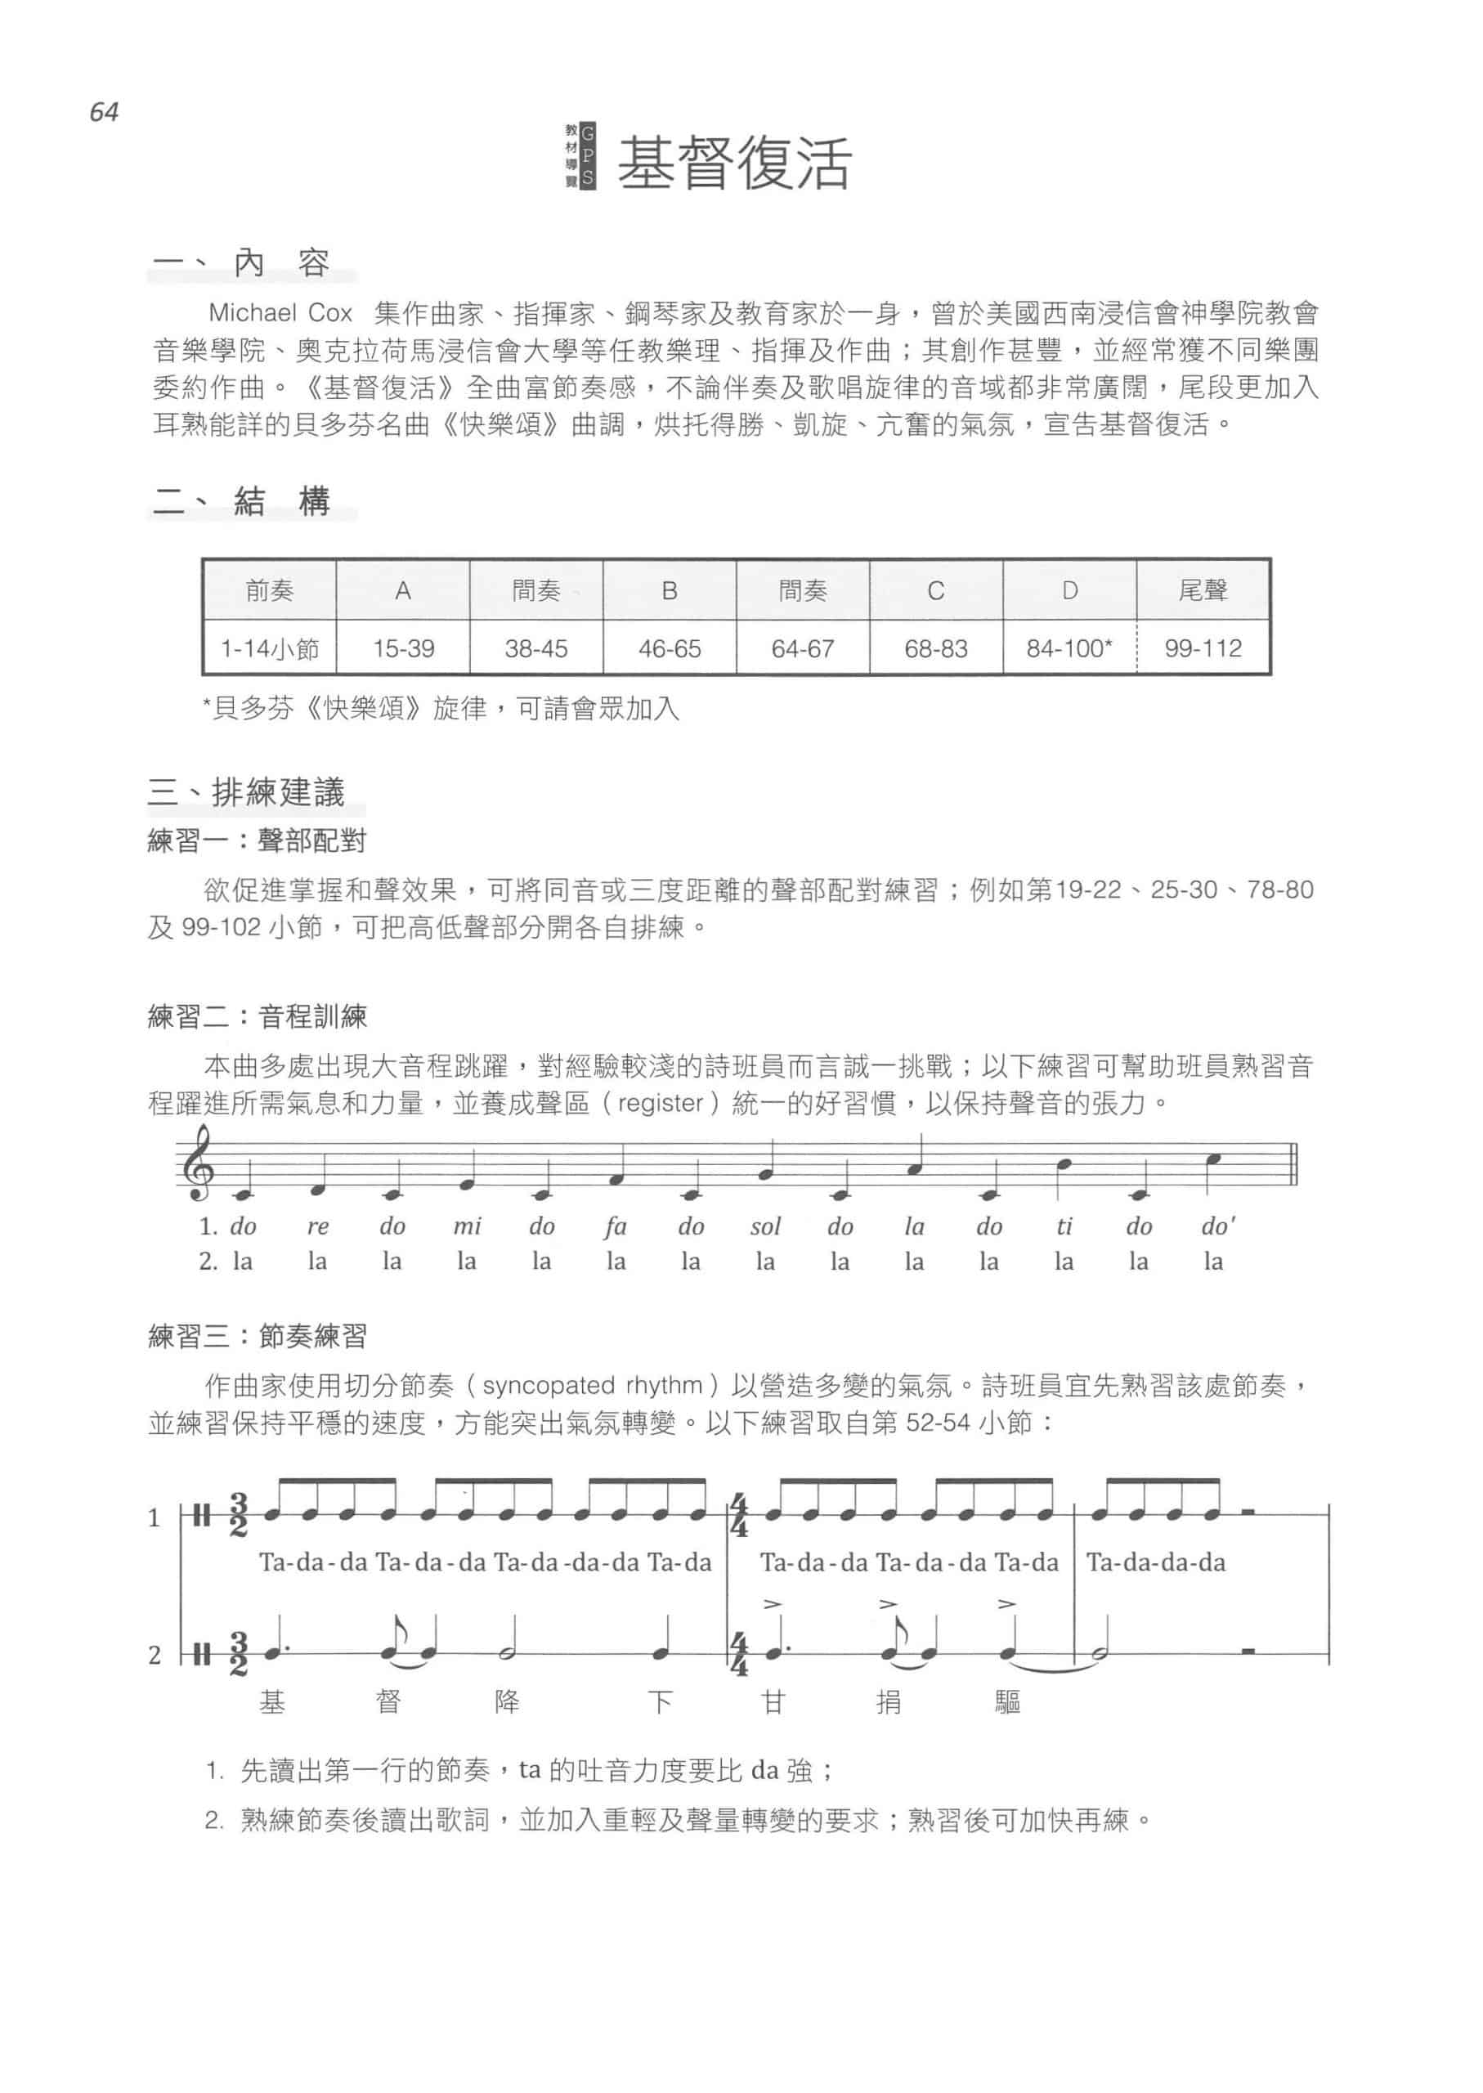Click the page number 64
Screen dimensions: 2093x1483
click(104, 112)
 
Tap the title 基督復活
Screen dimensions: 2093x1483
click(734, 164)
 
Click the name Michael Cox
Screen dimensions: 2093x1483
click(280, 313)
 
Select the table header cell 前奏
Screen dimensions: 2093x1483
click(270, 591)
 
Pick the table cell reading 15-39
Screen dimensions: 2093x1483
click(403, 648)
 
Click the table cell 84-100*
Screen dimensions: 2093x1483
click(1069, 648)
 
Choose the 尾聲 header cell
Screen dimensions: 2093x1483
click(1203, 591)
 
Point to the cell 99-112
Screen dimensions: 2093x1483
click(1203, 648)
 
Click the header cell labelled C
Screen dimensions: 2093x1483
click(935, 591)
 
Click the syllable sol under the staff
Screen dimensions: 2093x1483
click(765, 1226)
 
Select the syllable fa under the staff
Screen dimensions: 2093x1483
click(616, 1226)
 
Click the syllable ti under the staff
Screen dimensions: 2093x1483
click(1064, 1226)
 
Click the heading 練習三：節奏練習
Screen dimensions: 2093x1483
click(258, 1337)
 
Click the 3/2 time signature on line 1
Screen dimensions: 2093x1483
click(239, 1514)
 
